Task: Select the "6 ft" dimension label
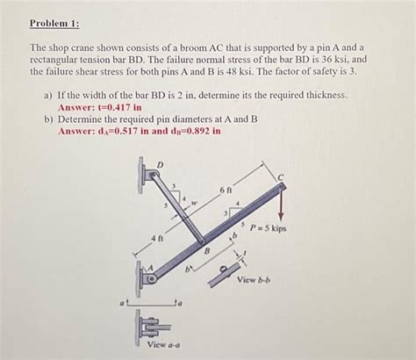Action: pyautogui.click(x=226, y=190)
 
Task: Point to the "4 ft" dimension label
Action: pyautogui.click(x=158, y=239)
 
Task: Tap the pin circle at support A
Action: pyautogui.click(x=152, y=280)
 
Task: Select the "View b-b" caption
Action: pyautogui.click(x=258, y=280)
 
